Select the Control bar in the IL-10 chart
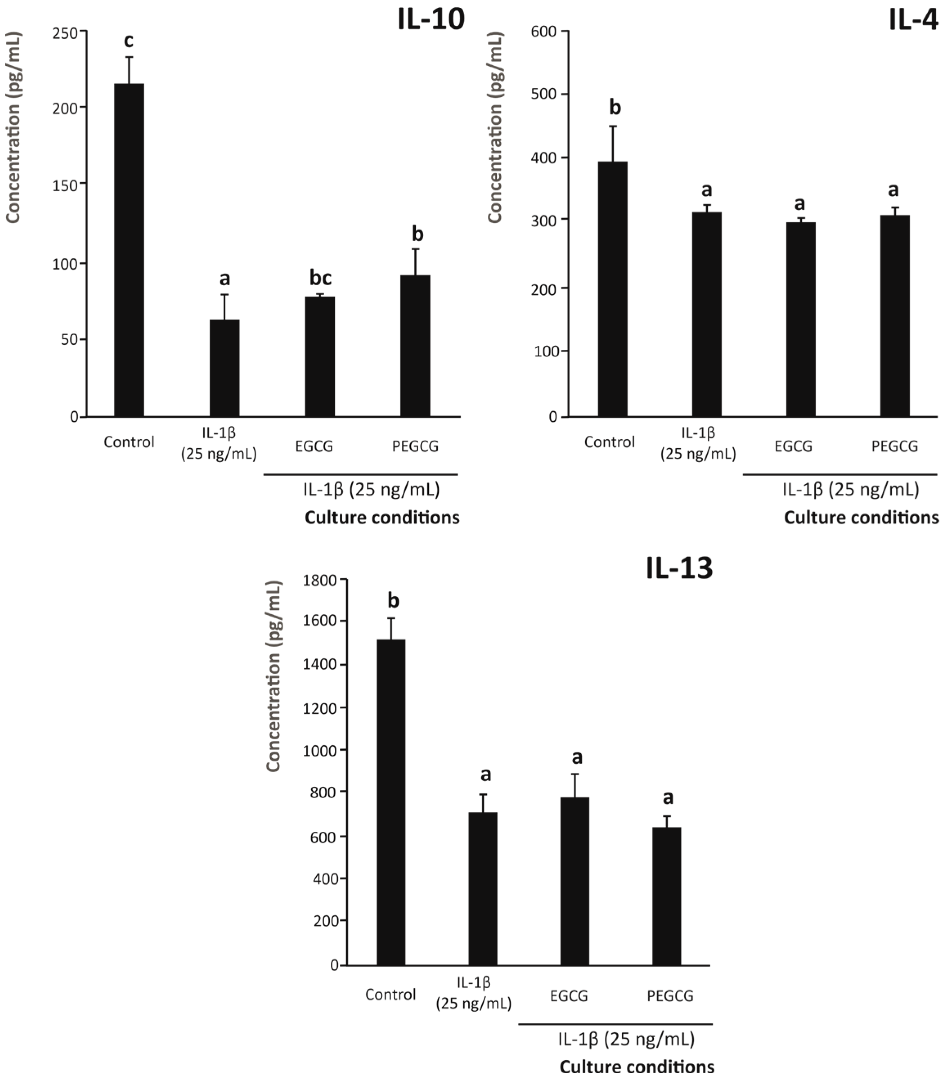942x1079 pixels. pos(129,250)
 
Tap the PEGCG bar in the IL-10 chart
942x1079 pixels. pos(415,345)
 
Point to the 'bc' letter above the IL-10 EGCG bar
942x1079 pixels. pos(320,277)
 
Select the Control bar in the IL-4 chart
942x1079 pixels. pos(612,289)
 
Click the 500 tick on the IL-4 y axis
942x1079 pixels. pos(543,94)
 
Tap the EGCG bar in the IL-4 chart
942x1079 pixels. pos(801,319)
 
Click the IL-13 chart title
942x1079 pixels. pos(679,568)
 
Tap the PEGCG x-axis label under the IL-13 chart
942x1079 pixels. pos(670,996)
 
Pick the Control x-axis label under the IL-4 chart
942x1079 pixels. pos(609,442)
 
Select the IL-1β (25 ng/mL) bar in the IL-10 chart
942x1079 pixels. pos(224,368)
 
